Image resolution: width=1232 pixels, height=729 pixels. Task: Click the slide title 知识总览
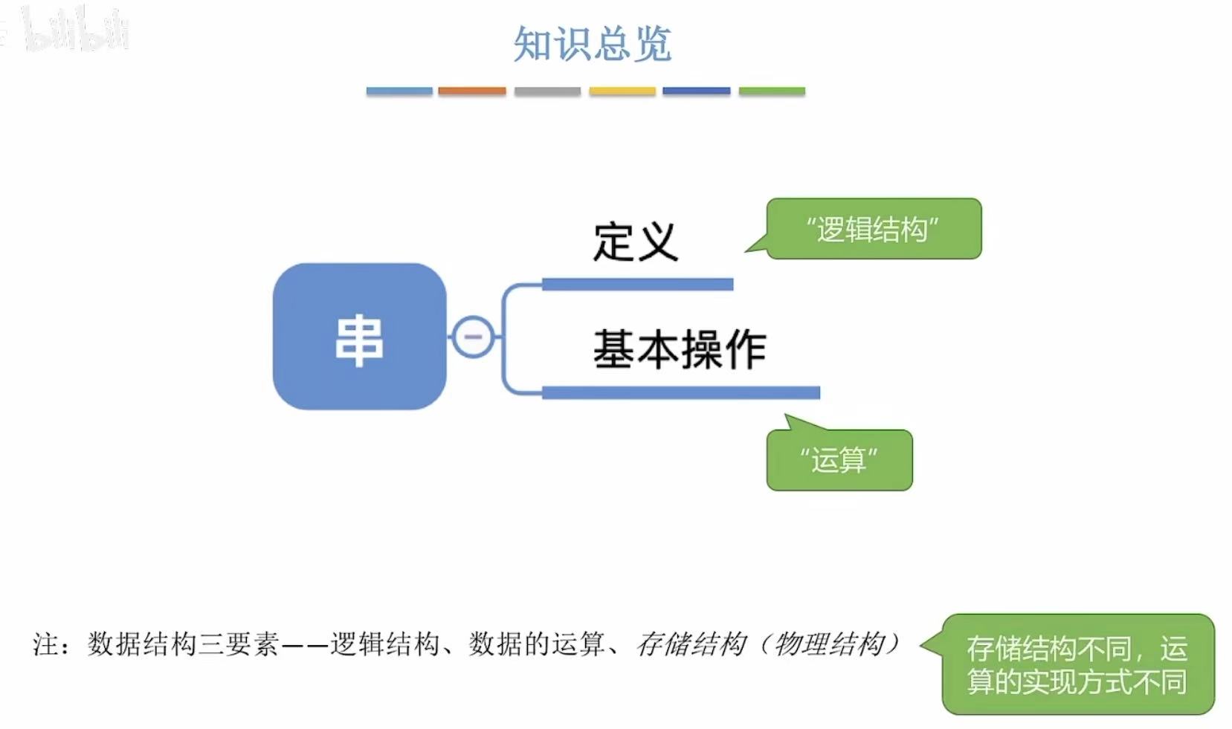point(592,44)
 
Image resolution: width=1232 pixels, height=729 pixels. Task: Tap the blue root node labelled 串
point(359,337)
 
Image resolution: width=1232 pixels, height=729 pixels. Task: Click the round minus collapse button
point(473,337)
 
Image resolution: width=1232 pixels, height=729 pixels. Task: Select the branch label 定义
point(635,242)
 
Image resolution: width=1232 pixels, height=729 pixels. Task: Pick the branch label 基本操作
point(679,349)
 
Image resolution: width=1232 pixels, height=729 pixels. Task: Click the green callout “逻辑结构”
point(874,229)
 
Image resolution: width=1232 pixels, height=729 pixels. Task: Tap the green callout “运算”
point(839,460)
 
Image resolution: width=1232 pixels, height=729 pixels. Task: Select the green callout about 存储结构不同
point(1077,664)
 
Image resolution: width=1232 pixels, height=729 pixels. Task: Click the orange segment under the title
point(472,91)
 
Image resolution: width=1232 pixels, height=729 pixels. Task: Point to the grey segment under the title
point(547,91)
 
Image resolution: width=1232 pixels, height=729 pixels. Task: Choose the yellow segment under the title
point(622,91)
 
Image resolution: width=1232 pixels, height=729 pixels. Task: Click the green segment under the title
point(772,91)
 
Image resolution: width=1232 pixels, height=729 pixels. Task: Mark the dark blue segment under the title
point(697,91)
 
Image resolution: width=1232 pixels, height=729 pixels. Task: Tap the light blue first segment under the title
point(399,91)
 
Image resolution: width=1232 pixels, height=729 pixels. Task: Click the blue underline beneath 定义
point(637,284)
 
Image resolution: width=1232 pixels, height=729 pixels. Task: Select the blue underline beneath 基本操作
point(680,392)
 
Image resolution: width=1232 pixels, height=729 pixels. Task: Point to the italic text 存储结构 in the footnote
point(691,644)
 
